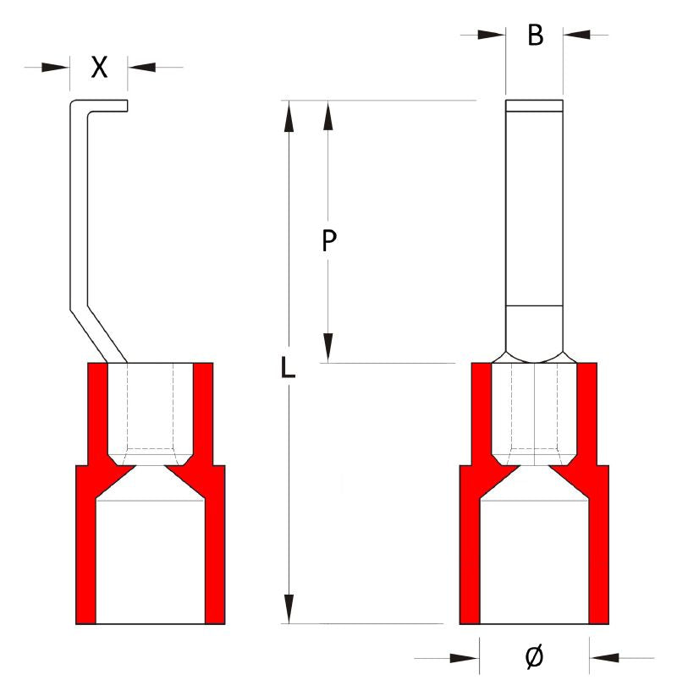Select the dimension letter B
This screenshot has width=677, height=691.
(x=534, y=36)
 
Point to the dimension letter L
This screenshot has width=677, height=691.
(x=289, y=366)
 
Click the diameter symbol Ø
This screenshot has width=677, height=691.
(x=534, y=657)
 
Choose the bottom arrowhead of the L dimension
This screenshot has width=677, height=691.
(x=289, y=609)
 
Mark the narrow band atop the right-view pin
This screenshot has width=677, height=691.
(x=533, y=107)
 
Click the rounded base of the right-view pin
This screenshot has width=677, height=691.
(x=533, y=334)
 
